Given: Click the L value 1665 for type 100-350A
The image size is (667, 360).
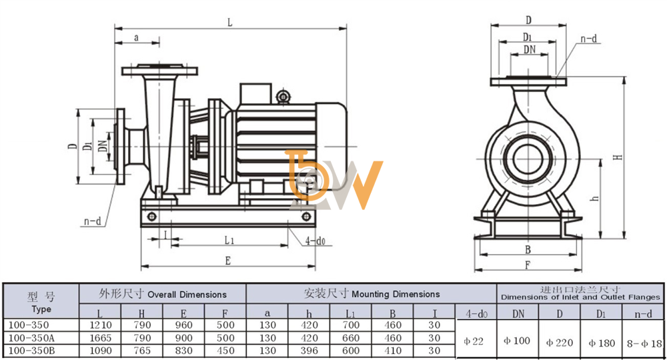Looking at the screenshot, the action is click(x=101, y=338).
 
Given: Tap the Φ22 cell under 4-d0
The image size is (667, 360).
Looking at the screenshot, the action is click(x=474, y=341).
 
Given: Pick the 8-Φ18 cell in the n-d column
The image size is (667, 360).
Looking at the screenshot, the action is click(x=644, y=343).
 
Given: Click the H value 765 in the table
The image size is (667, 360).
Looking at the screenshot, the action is click(x=141, y=351).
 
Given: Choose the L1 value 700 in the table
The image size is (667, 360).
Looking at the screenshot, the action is click(x=351, y=325).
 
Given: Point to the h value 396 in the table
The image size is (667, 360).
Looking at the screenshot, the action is click(x=309, y=351).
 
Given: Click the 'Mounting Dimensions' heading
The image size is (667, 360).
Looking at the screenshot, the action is click(x=396, y=294).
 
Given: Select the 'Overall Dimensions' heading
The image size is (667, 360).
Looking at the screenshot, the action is click(x=187, y=295).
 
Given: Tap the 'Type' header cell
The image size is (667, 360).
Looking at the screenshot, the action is click(x=41, y=309).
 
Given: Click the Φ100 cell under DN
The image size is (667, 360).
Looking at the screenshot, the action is click(x=517, y=341).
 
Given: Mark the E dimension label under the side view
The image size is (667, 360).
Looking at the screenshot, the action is click(x=228, y=261).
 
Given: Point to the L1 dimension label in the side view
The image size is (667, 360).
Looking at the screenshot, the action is click(x=229, y=241).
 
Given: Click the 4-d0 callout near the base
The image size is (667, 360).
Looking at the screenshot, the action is click(x=315, y=241).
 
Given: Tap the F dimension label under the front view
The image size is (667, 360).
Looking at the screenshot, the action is click(x=528, y=265).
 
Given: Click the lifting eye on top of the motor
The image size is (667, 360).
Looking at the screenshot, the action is click(x=283, y=97).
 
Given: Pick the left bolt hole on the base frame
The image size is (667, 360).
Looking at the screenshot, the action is click(x=152, y=217).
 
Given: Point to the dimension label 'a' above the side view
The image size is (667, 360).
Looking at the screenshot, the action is click(x=136, y=38).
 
